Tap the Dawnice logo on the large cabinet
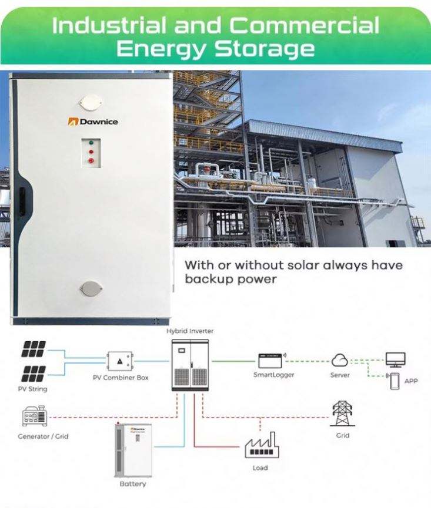point(92,122)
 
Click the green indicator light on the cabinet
point(91,143)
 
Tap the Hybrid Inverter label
point(190,331)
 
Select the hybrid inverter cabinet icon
point(189,365)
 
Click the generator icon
point(34,417)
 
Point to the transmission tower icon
point(342,414)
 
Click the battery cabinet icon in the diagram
point(132,450)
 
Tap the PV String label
point(33,389)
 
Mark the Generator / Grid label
point(43,436)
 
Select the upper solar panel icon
point(34,348)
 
